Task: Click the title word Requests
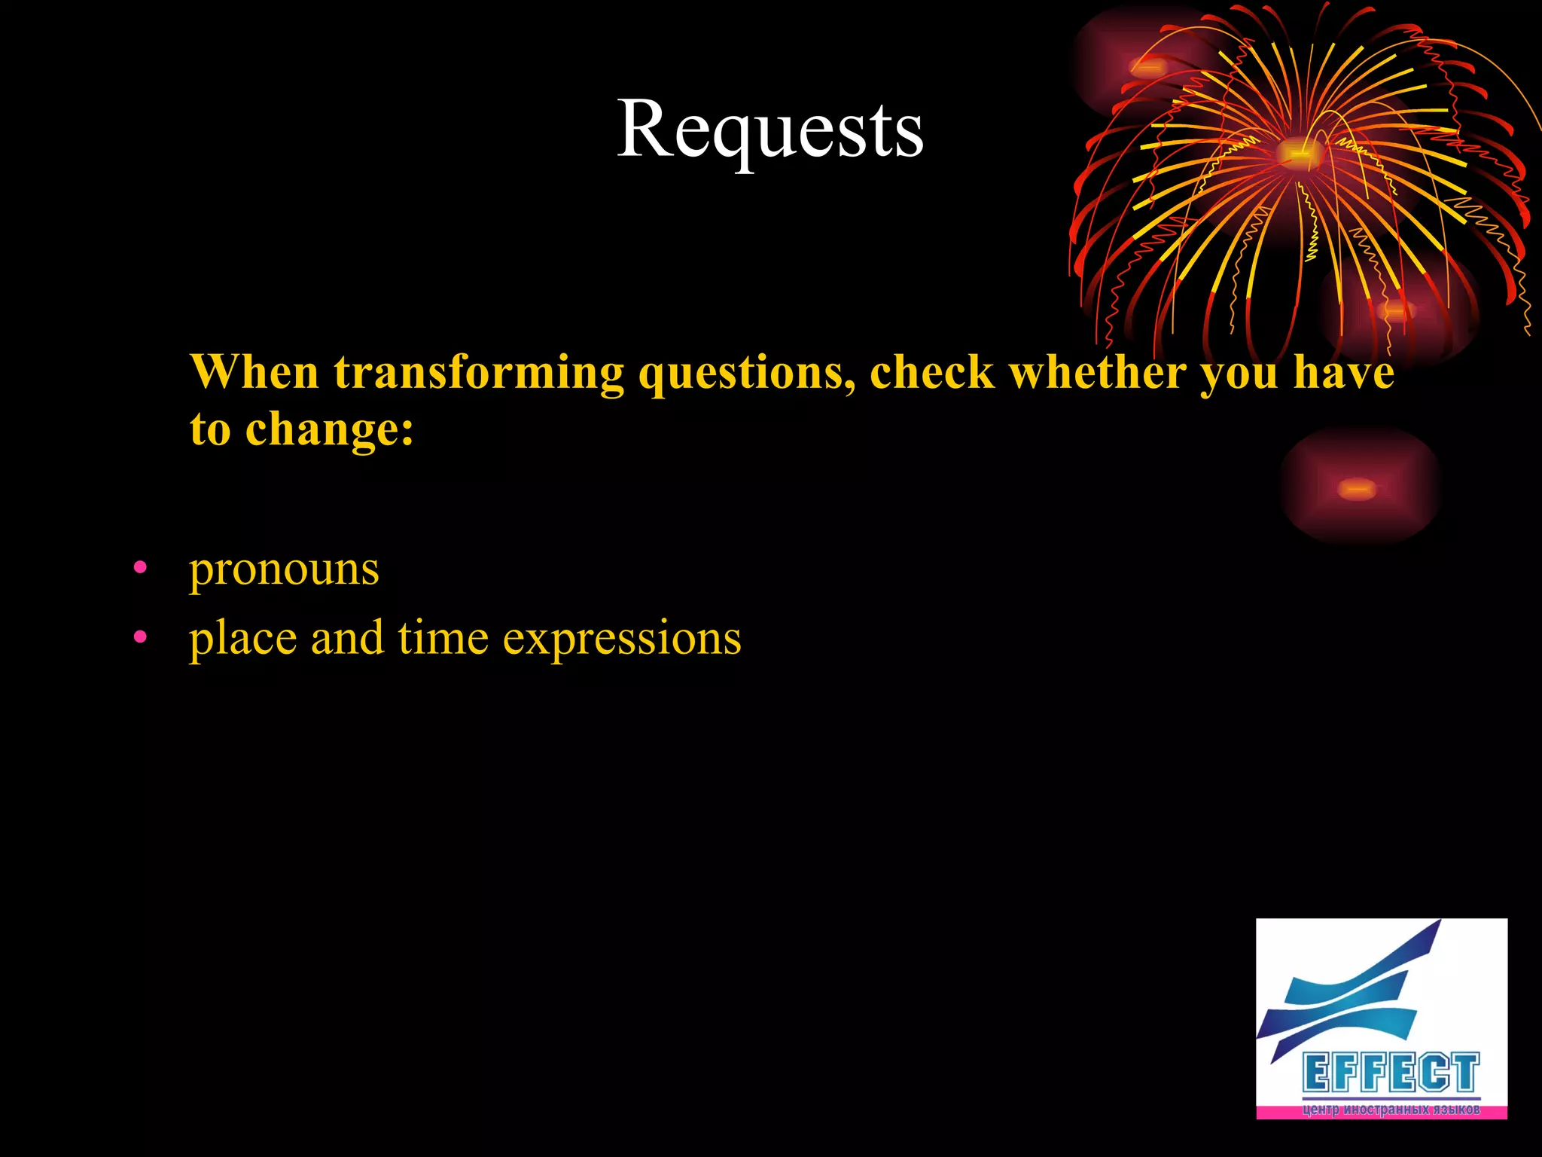[769, 130]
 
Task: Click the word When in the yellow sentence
[254, 372]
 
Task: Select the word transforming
[479, 374]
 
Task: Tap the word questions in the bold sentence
[745, 374]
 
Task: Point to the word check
[931, 372]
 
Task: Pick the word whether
[1097, 372]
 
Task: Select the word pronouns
[284, 569]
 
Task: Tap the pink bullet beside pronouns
[140, 569]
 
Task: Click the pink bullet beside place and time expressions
[140, 638]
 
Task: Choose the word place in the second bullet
[242, 640]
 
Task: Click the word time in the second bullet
[443, 638]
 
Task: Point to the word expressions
[622, 640]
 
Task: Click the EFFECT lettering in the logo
[1391, 1073]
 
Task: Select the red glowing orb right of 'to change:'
[1358, 489]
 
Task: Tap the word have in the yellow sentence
[1343, 372]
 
